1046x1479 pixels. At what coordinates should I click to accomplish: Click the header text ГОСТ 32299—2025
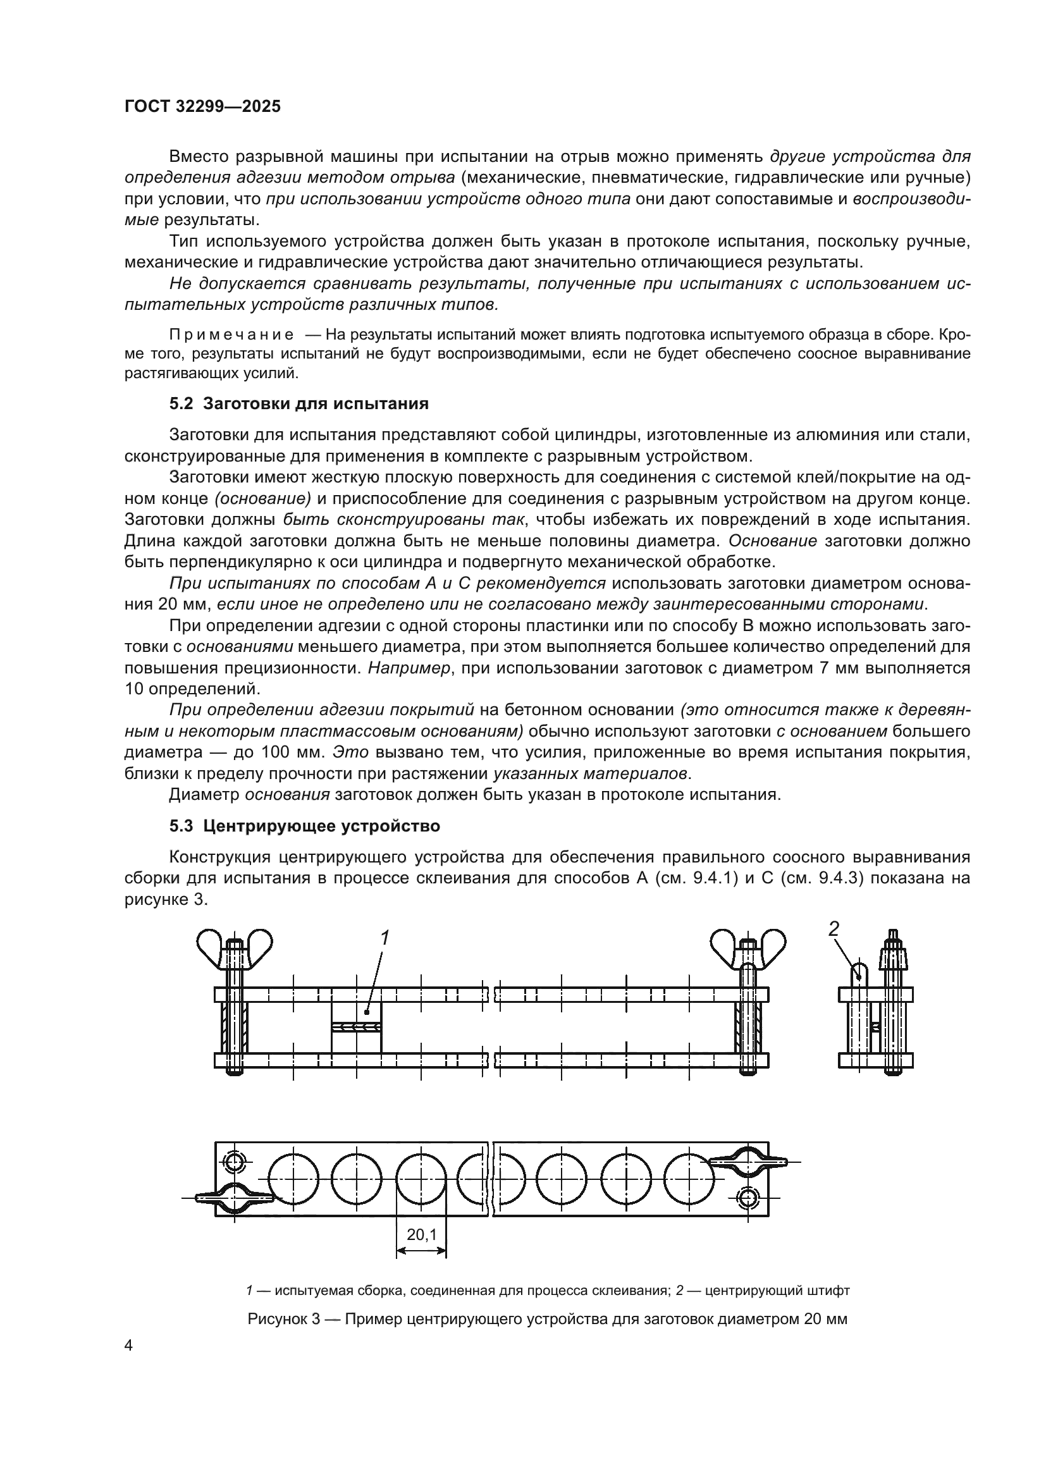202,107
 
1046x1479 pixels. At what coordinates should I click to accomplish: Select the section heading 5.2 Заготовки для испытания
299,404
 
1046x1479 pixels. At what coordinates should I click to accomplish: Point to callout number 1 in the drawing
385,938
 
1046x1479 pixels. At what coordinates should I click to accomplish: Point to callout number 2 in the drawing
834,928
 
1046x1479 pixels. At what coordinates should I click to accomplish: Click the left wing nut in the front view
235,948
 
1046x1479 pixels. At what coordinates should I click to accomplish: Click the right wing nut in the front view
748,948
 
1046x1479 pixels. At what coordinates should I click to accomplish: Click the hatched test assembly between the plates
357,1026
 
